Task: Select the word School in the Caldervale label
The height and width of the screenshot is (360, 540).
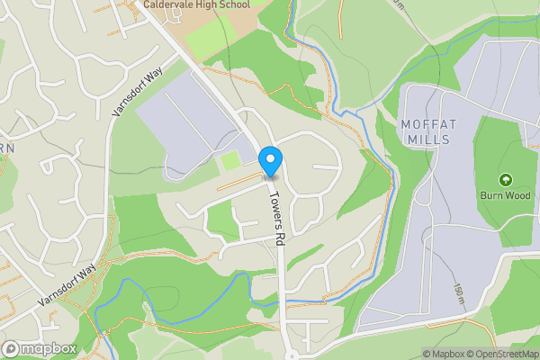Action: pyautogui.click(x=233, y=4)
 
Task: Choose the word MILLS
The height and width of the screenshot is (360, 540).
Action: pyautogui.click(x=427, y=140)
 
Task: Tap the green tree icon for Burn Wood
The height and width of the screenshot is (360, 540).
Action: pyautogui.click(x=505, y=180)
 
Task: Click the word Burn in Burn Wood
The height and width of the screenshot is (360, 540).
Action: pyautogui.click(x=491, y=194)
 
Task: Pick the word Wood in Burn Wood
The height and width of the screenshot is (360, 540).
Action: pyautogui.click(x=517, y=194)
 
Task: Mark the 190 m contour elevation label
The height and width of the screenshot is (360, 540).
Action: pyautogui.click(x=458, y=293)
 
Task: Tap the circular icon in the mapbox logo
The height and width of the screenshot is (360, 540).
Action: pyautogui.click(x=12, y=348)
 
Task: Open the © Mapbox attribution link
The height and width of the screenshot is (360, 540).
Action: pyautogui.click(x=444, y=354)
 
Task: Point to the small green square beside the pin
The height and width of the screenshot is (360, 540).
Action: pyautogui.click(x=231, y=161)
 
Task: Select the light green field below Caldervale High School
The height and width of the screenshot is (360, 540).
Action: pyautogui.click(x=209, y=40)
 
